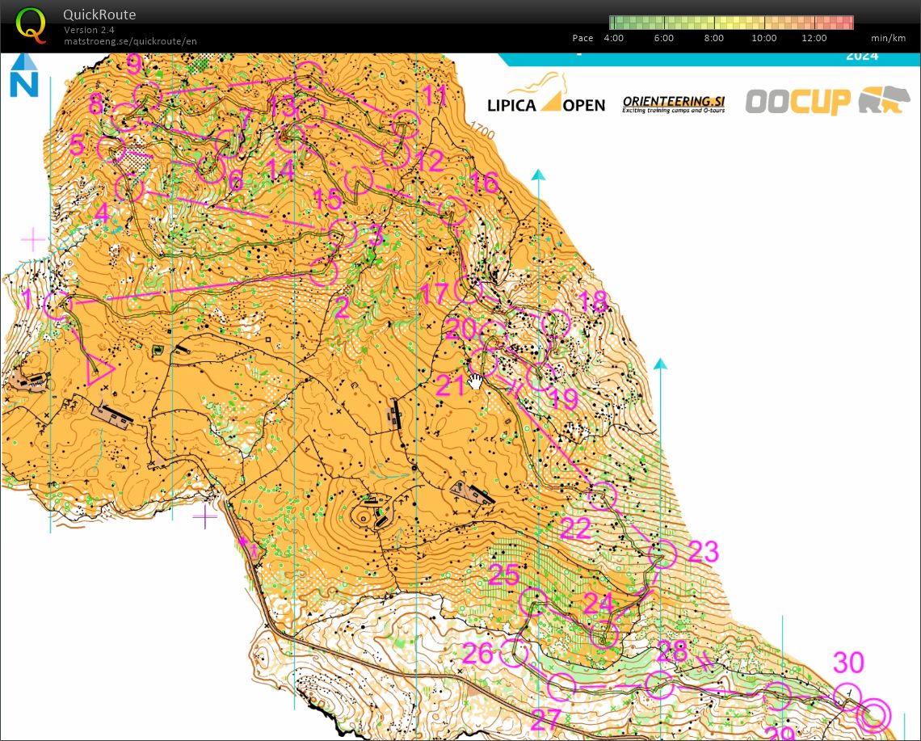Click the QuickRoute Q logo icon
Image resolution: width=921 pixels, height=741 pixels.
click(32, 24)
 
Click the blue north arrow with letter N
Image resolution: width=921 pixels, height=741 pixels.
click(23, 75)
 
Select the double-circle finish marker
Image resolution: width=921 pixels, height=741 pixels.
click(875, 715)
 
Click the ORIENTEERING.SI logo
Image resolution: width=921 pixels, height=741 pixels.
click(673, 103)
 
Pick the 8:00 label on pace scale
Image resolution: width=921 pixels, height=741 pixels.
click(713, 38)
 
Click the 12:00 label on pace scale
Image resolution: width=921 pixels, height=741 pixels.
click(814, 38)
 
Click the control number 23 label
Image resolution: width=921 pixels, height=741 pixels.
click(702, 552)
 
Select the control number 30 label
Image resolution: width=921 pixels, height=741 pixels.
click(848, 663)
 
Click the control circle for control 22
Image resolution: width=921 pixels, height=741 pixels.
click(602, 495)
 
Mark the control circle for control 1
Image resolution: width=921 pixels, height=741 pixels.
click(58, 305)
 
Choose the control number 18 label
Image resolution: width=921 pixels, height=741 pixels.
click(594, 301)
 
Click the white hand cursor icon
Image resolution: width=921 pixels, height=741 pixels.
click(476, 381)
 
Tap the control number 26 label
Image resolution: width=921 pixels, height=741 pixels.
click(477, 653)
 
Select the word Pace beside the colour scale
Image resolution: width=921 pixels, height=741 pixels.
click(582, 38)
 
